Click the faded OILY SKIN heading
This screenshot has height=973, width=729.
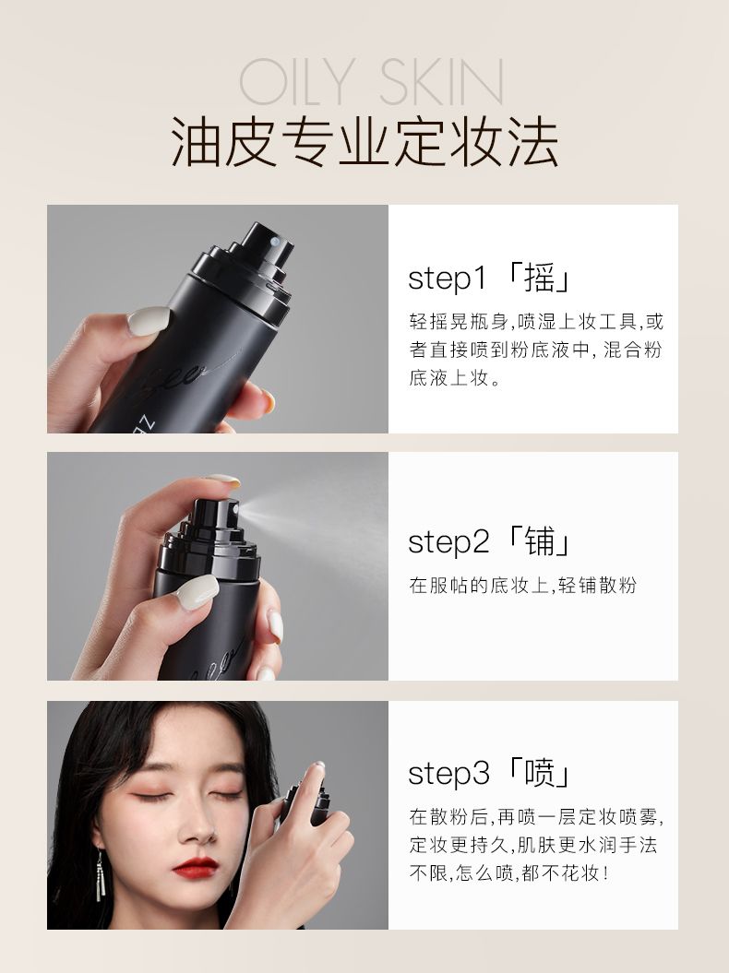pos(371,82)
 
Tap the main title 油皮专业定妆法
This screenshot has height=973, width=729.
pos(364,143)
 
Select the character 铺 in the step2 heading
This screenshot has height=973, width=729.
pos(539,541)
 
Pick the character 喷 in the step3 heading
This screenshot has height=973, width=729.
pos(539,773)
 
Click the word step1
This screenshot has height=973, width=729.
pos(447,279)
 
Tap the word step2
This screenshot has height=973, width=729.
pos(448,542)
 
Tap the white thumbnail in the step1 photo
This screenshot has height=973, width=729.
pos(149,321)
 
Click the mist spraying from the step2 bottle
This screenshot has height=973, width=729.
pos(317,515)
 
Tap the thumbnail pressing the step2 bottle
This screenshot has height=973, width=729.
pos(197,591)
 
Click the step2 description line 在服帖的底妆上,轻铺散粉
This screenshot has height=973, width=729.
pos(523,585)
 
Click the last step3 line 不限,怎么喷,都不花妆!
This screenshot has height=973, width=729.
pos(509,872)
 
